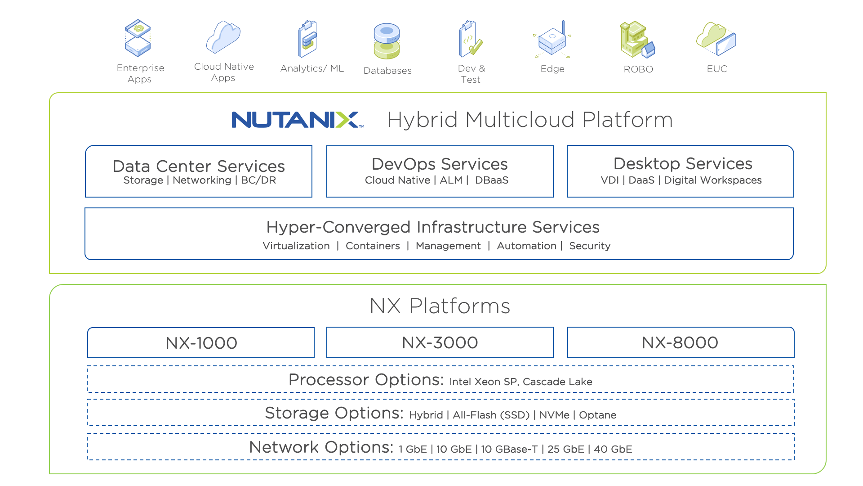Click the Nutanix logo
297,120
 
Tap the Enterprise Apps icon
138,38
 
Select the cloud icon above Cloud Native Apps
223,37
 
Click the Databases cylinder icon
387,41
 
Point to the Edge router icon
552,40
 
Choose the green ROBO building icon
637,40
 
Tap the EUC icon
716,39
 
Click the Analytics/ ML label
312,68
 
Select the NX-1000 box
201,343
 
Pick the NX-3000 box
440,342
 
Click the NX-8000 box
680,342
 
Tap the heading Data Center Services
199,166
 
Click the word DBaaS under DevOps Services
492,180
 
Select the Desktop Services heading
683,163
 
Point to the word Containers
373,246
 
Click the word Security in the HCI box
590,246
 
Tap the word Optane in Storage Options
597,415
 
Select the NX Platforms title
440,306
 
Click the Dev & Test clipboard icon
470,39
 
